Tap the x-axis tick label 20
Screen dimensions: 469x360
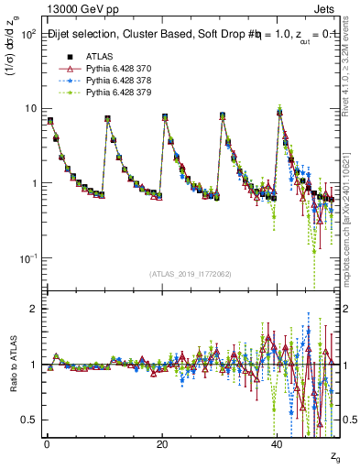click(162, 443)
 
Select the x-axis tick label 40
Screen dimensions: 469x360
click(278, 443)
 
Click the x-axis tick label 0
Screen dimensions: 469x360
click(47, 443)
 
